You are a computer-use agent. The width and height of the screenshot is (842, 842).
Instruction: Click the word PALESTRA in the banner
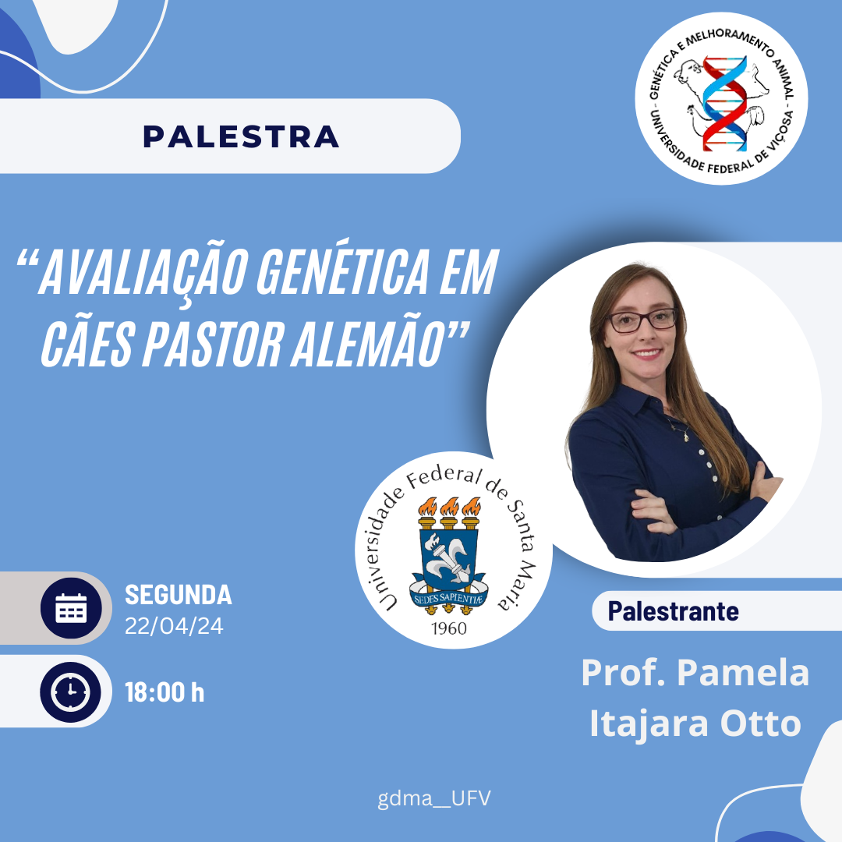tap(241, 136)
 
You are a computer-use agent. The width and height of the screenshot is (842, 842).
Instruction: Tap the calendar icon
tap(71, 608)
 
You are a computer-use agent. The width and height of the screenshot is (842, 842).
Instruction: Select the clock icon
tap(71, 692)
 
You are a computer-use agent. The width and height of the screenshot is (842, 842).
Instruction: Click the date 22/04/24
tap(174, 626)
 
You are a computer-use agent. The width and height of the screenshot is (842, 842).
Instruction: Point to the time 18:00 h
tap(165, 692)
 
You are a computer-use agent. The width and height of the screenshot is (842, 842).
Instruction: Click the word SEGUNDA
tap(179, 594)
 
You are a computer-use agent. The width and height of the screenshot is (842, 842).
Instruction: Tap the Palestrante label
tap(673, 611)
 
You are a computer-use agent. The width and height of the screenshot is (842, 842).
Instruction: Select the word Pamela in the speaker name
tap(743, 672)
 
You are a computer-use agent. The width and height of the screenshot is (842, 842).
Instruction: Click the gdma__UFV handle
tap(434, 798)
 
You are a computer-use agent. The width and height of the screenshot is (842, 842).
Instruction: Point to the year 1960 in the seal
tap(449, 628)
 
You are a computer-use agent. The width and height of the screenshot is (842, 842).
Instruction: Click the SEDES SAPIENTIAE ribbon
tap(449, 598)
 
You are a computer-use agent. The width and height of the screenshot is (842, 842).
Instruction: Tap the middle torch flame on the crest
tap(449, 507)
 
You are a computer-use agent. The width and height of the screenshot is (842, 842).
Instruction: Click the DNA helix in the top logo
tap(724, 102)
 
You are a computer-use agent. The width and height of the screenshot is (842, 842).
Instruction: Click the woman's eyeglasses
tap(642, 320)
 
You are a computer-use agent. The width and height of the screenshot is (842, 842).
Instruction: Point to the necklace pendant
tap(686, 438)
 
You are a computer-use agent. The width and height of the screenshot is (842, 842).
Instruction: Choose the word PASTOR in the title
tap(211, 344)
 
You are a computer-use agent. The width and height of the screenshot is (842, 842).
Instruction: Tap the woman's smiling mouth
tap(647, 353)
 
